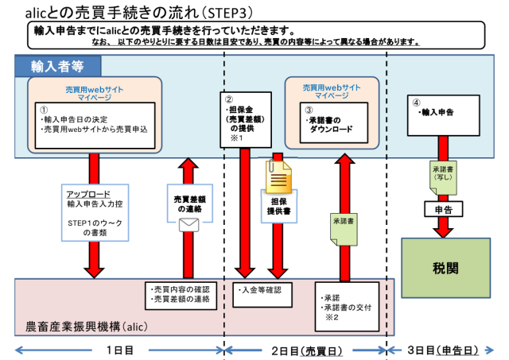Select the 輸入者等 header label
tap(60, 64)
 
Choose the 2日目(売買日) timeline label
tap(305, 349)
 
